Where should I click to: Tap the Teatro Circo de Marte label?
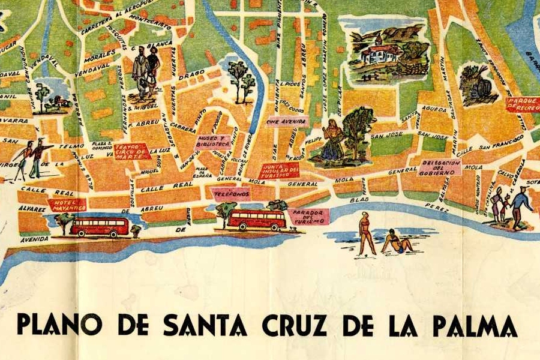[132, 151]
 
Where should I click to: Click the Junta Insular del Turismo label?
[279, 170]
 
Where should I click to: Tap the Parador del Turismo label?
[308, 217]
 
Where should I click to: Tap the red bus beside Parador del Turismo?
[257, 220]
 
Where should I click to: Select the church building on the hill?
[382, 50]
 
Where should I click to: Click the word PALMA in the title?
[474, 325]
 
